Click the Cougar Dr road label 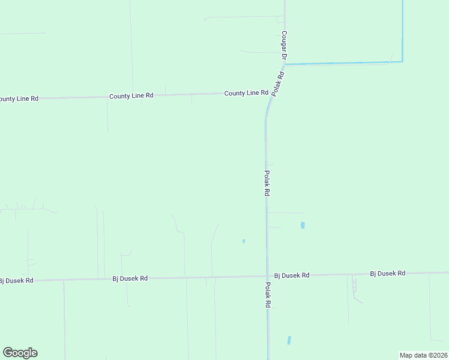click(x=285, y=46)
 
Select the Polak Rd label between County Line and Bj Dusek click(x=267, y=184)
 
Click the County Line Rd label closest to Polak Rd click(x=246, y=93)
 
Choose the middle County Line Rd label click(x=131, y=96)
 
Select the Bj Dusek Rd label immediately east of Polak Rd click(x=292, y=275)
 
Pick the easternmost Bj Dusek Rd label click(x=388, y=274)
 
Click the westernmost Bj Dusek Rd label click(x=17, y=280)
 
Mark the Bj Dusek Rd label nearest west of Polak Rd click(x=130, y=278)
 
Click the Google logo click(x=20, y=353)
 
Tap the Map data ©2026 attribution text click(x=423, y=355)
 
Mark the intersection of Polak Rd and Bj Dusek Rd click(x=267, y=276)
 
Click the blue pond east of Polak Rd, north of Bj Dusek click(x=303, y=226)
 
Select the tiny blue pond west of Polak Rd click(x=243, y=241)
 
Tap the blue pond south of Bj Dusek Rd click(x=289, y=340)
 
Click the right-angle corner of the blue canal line click(x=402, y=61)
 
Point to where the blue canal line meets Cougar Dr click(x=285, y=64)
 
